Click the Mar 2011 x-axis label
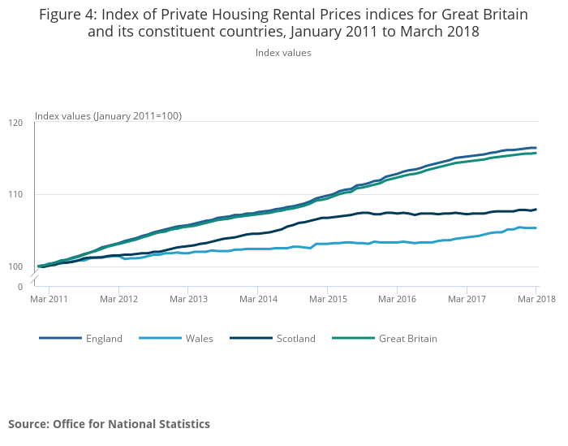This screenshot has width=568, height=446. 49,300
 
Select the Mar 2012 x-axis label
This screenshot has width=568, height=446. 118,300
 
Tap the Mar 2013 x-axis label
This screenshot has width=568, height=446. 187,300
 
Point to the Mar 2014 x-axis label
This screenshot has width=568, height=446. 257,300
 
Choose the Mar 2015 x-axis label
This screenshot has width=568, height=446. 327,300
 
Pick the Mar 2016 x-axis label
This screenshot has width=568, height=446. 396,300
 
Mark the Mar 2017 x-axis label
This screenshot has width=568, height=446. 466,300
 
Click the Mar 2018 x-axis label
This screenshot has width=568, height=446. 536,300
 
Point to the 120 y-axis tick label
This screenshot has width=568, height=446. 16,123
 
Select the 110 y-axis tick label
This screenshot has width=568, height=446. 16,194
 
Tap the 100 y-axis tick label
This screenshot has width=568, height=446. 16,266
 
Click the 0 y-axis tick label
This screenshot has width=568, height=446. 20,287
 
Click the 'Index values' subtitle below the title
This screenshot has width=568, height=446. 283,53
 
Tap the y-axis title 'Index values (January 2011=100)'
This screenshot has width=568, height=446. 108,116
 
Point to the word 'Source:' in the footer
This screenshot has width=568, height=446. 28,424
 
